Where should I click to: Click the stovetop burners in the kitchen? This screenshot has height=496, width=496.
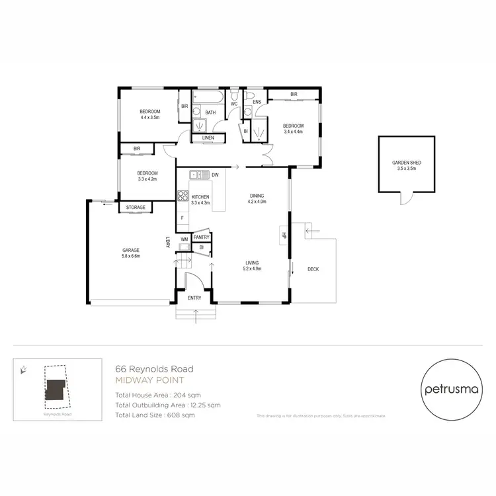point(183,196)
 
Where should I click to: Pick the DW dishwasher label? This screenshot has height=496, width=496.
point(216,175)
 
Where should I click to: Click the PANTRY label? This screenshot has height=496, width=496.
point(202,237)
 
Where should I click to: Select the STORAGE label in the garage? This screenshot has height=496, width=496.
point(136,208)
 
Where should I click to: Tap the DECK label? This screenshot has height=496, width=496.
point(313,269)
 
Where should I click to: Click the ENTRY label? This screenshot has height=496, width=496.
point(194,298)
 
